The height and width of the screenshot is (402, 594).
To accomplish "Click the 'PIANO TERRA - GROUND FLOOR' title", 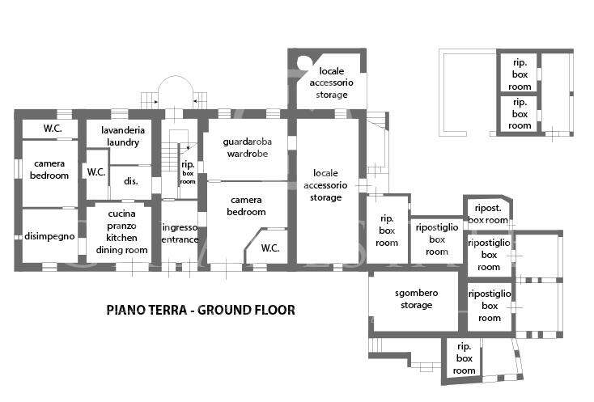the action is point(201,310).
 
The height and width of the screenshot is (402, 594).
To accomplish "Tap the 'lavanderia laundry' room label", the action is point(123,136).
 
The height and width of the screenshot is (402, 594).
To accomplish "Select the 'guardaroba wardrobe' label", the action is point(248,148).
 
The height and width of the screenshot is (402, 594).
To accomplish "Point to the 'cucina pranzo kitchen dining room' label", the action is point(121,231).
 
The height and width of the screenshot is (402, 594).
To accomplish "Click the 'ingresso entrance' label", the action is point(180,234).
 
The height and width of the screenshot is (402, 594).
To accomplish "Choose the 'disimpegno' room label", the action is point(49,236).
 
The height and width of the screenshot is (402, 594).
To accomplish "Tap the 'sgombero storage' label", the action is point(416,298).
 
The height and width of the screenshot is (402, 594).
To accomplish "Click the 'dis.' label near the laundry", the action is point(130,181).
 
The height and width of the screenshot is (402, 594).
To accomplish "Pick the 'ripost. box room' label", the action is point(488,214).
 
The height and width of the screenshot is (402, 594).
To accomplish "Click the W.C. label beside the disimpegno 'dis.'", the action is point(96,172).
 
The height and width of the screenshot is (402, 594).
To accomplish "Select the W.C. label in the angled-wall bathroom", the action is point(270,248).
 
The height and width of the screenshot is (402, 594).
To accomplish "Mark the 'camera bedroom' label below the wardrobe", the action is point(246,206).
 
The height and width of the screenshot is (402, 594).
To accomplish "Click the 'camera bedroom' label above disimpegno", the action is point(49,170).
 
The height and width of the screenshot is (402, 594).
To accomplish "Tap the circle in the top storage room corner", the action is point(303,63).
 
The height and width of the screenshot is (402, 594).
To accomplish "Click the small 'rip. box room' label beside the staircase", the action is point(188,172).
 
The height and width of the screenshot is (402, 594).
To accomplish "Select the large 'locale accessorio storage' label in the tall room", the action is point(325,185).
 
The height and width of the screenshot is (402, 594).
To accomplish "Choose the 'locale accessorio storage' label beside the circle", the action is point(332,83).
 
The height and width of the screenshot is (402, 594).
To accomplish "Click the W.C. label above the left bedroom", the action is point(53,129).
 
